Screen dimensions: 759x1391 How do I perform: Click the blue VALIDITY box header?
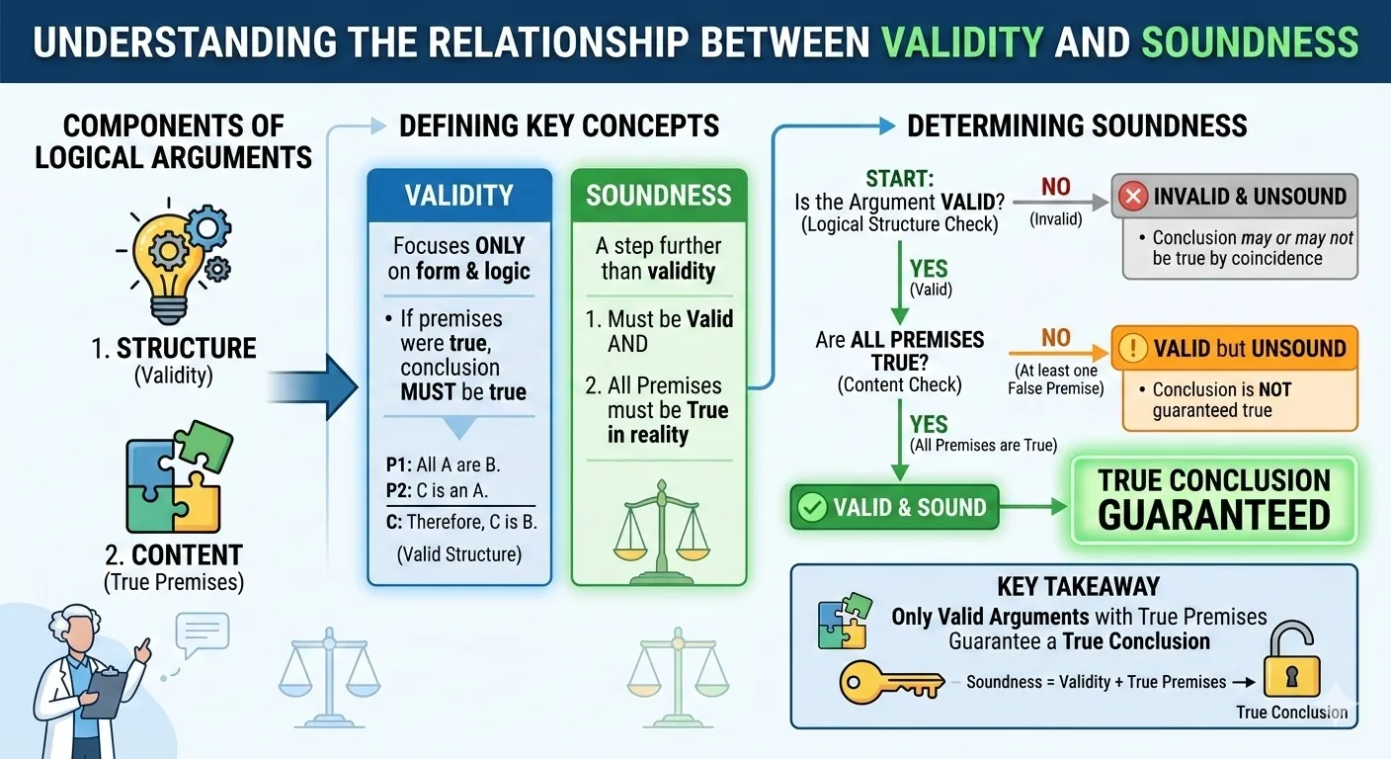point(458,195)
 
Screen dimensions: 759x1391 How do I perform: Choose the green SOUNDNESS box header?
point(659,195)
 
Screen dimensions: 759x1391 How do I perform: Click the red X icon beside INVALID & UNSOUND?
point(1132,197)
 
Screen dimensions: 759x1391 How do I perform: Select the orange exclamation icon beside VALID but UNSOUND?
point(1132,348)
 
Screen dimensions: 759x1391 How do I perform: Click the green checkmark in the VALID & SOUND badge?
point(812,507)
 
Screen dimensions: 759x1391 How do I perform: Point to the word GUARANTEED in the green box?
point(1214,515)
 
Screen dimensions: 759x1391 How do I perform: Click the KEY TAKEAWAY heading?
point(1078,587)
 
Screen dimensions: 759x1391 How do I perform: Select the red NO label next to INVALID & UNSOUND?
point(1056,187)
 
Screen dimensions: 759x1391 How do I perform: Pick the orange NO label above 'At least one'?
point(1056,338)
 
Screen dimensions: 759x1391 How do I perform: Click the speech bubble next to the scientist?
point(203,633)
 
